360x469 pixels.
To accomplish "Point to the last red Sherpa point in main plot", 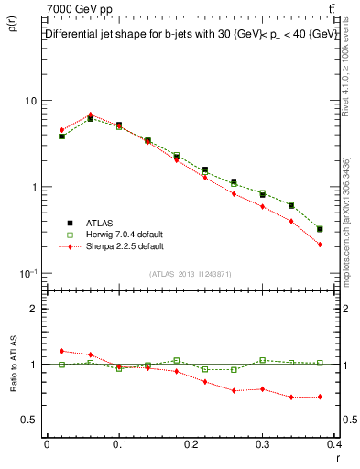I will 319,245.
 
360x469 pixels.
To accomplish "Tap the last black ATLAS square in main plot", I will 319,229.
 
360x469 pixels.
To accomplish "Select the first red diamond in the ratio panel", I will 61,351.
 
